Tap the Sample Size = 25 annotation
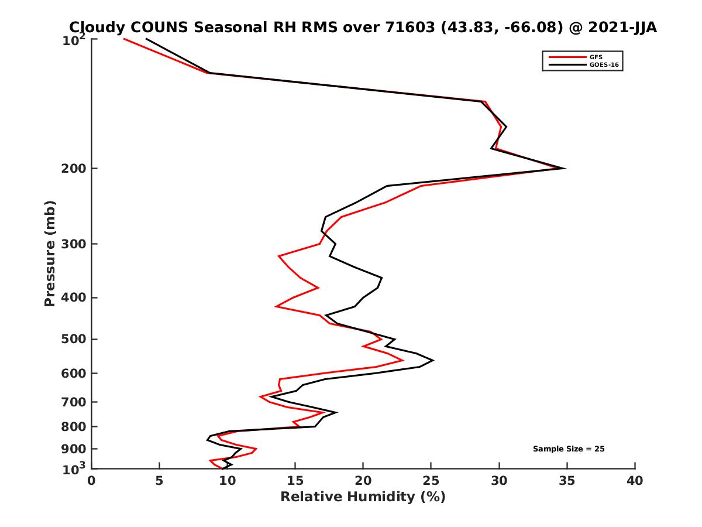point(568,449)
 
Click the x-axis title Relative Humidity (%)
point(363,497)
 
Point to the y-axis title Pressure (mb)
point(50,253)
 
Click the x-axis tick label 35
point(567,481)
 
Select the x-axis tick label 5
point(160,481)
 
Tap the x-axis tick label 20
point(363,481)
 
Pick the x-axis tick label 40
point(635,481)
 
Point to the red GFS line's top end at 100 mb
point(124,39)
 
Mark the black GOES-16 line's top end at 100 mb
point(146,39)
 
